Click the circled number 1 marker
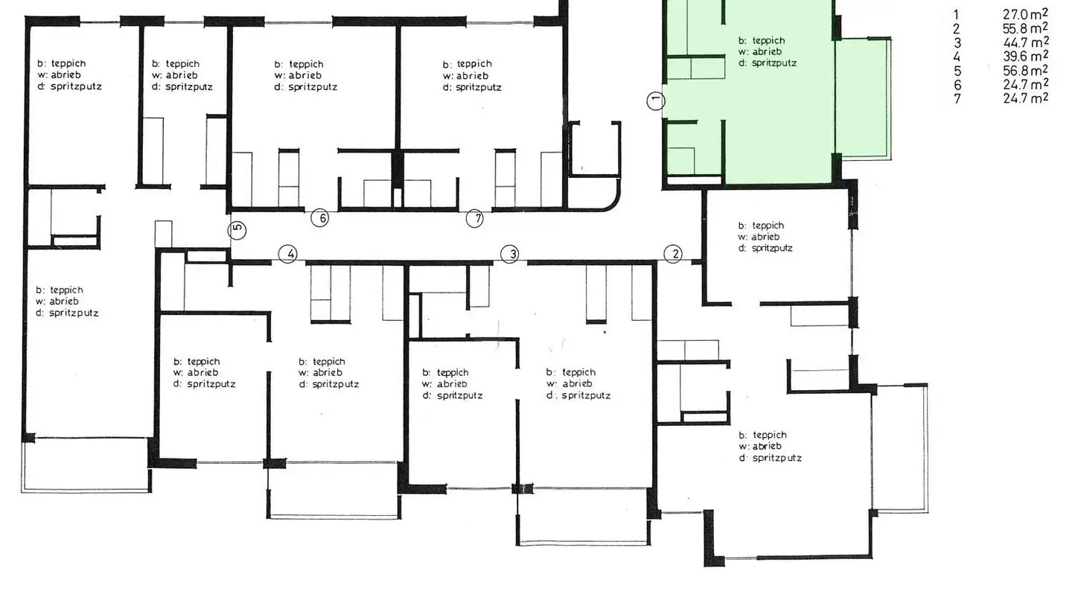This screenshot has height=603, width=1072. pyautogui.click(x=656, y=100)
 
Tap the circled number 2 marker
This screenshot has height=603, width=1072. pyautogui.click(x=673, y=255)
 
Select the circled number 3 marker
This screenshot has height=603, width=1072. pyautogui.click(x=510, y=255)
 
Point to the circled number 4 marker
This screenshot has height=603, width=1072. pyautogui.click(x=289, y=255)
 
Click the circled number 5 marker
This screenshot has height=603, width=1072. pyautogui.click(x=237, y=230)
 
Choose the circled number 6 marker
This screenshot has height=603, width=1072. pyautogui.click(x=320, y=218)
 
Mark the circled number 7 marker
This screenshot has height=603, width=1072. pyautogui.click(x=475, y=218)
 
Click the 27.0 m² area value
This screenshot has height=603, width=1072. pyautogui.click(x=1025, y=14)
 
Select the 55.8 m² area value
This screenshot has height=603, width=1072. pyautogui.click(x=1025, y=28)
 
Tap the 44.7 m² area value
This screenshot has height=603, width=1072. pyautogui.click(x=1025, y=42)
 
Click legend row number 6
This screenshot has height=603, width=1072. pyautogui.click(x=957, y=85)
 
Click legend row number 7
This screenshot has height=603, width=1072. pyautogui.click(x=957, y=98)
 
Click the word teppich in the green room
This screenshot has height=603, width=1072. pyautogui.click(x=768, y=41)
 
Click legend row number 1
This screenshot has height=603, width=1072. pyautogui.click(x=957, y=14)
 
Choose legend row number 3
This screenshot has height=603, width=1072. pyautogui.click(x=957, y=42)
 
